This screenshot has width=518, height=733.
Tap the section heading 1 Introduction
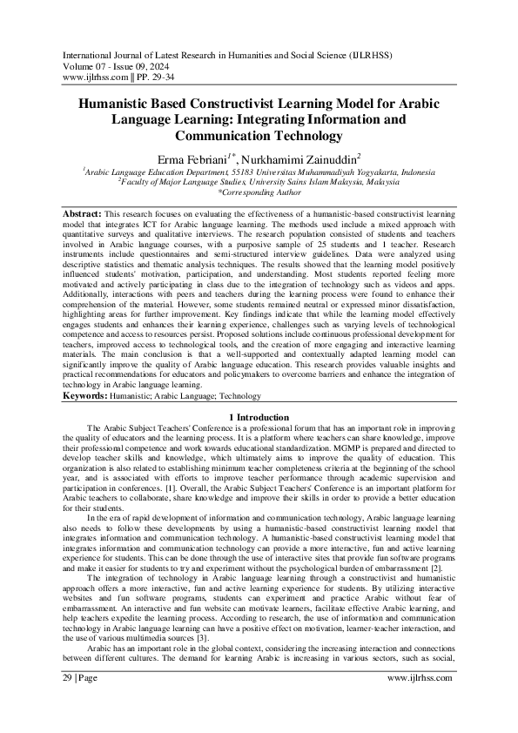(259, 418)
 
